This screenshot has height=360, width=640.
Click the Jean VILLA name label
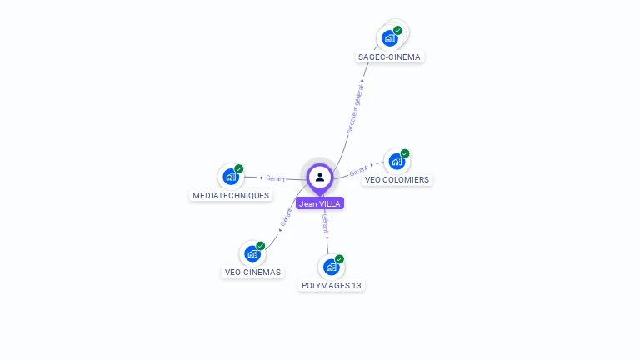tap(320, 203)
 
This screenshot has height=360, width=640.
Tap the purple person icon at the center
tap(320, 177)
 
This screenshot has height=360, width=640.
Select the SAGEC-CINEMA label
tap(389, 57)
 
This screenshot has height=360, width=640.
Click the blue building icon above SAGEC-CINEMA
tap(389, 37)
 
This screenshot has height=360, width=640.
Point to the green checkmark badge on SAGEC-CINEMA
tap(398, 30)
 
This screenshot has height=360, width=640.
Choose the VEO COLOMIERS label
tap(397, 179)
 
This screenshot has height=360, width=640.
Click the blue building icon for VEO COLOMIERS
tap(396, 161)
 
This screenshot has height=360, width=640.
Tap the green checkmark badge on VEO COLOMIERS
tap(405, 153)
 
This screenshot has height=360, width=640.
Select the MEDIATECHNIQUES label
tap(231, 195)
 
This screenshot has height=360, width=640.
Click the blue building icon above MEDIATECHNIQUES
tap(230, 177)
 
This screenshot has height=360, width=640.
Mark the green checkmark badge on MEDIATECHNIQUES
tap(239, 169)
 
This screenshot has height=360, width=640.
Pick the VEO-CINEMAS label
tap(252, 272)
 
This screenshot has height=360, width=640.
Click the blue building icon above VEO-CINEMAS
tap(252, 253)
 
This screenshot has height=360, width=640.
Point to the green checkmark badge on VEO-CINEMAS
tap(261, 246)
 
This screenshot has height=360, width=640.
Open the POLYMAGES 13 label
tap(332, 285)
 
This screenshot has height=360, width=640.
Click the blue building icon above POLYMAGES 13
tap(331, 267)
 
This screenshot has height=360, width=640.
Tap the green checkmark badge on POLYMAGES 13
tap(340, 259)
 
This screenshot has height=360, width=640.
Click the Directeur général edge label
tap(356, 109)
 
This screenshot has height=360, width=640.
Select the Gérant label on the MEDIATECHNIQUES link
tap(275, 177)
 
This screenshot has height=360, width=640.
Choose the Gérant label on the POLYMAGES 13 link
tap(326, 222)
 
